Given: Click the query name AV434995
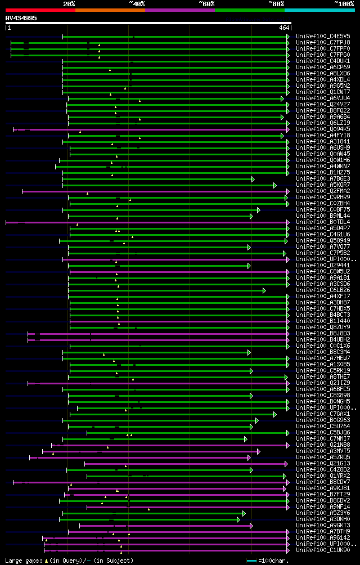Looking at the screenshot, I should [21, 18].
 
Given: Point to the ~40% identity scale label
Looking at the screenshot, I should [137, 4].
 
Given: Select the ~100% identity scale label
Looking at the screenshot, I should [344, 4].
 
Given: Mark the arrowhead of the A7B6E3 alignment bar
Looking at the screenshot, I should [253, 179].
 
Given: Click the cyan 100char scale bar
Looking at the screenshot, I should [251, 560].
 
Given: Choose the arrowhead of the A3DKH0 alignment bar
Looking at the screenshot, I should [238, 519].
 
